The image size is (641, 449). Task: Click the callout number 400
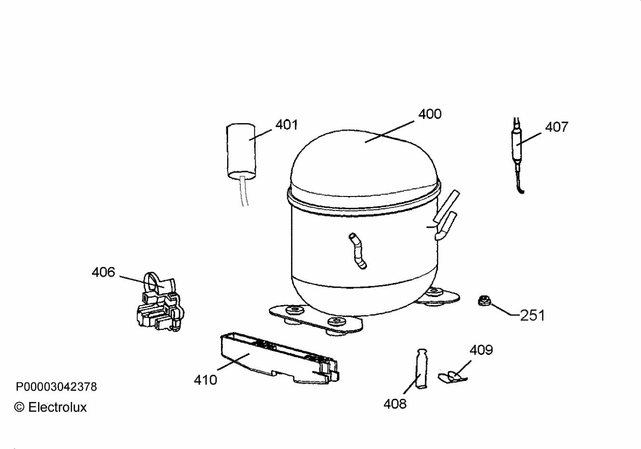point(430,114)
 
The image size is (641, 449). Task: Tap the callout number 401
point(286,125)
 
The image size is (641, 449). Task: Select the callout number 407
point(557,127)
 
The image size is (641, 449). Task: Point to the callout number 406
point(103,272)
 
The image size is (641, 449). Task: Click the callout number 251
point(532,315)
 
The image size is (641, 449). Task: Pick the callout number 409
point(481,350)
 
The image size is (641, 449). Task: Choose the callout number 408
point(395,404)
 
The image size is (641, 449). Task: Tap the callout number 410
point(205,380)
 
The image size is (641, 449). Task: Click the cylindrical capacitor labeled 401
point(241,151)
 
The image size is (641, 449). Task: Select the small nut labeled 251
point(484,301)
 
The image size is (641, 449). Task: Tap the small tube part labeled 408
point(421,369)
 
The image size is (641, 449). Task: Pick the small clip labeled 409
point(452,377)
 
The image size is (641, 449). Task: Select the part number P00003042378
point(56,387)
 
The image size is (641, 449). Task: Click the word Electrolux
point(57,407)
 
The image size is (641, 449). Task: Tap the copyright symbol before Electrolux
point(19,407)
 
